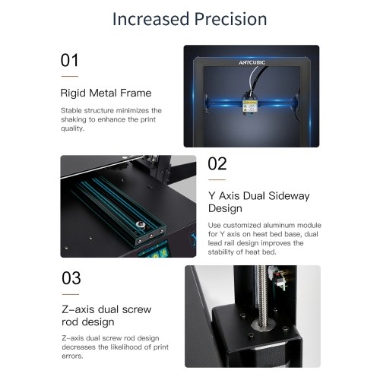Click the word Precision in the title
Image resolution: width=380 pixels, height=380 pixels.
tap(230, 19)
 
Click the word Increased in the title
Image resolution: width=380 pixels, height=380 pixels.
tap(151, 19)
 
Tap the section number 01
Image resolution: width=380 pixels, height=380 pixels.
tap(69, 60)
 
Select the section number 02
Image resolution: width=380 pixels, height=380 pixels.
tap(217, 163)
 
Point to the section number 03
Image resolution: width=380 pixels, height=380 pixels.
tap(71, 278)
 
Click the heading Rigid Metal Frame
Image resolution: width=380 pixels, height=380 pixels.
tap(106, 93)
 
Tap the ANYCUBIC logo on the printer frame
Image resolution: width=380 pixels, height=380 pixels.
tap(252, 62)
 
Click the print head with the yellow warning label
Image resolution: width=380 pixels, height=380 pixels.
tap(250, 104)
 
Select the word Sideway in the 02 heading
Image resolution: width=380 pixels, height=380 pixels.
tap(289, 196)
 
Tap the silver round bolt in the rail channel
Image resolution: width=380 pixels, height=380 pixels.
tap(140, 224)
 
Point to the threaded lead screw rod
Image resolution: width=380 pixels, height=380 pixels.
tap(261, 294)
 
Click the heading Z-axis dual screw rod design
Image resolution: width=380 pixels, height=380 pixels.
tap(106, 315)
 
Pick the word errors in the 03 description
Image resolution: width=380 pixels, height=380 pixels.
tap(72, 356)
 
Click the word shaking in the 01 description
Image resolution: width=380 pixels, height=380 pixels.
tap(74, 119)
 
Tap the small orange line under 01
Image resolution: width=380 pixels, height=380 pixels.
tap(70, 76)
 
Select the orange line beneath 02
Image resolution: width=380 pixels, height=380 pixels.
tap(217, 179)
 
